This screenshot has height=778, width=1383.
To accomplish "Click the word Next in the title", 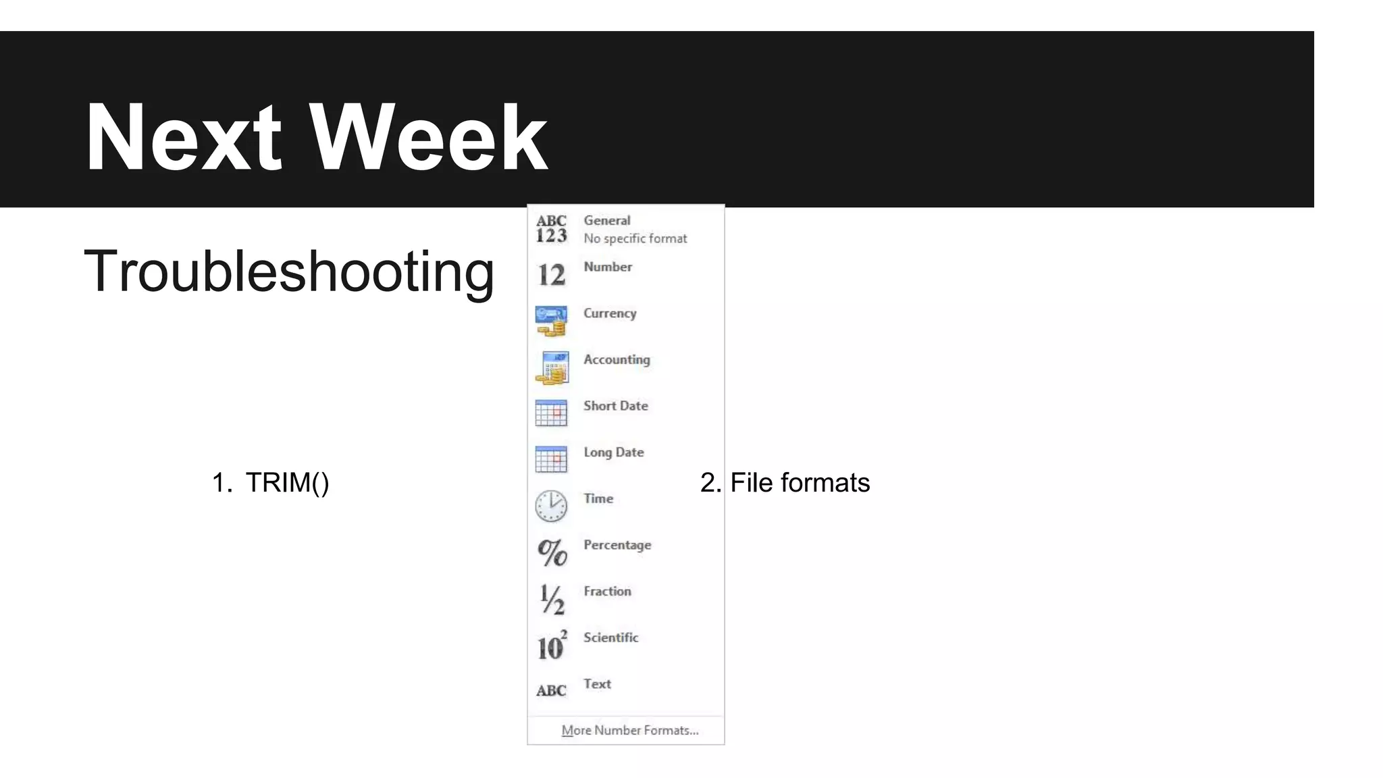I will [x=183, y=138].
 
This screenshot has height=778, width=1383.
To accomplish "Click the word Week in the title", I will [x=429, y=138].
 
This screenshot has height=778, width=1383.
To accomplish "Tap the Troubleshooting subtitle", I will [x=289, y=271].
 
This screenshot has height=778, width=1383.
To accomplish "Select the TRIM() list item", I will [x=286, y=483].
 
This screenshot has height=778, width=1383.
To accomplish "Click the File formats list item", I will [x=800, y=483].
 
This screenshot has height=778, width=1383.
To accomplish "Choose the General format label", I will [x=606, y=221].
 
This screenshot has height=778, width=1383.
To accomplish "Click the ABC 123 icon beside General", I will [x=551, y=229].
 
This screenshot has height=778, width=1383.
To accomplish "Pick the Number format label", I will [x=608, y=267].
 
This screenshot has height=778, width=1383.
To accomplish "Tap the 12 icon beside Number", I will [x=551, y=275].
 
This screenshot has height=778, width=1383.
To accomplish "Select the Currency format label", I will [x=610, y=313].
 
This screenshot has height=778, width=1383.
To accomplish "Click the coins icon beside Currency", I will [x=551, y=321].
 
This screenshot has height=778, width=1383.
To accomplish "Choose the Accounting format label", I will [x=617, y=360].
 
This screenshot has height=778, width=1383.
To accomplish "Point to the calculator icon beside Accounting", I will [x=552, y=367].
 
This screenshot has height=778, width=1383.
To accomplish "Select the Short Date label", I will [x=615, y=406].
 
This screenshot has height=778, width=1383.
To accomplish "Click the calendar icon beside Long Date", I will [x=551, y=459].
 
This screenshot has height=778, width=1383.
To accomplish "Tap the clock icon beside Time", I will [x=551, y=506].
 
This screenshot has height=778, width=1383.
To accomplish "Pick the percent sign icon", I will [x=552, y=552].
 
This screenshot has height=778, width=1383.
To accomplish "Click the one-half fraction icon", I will [x=552, y=599].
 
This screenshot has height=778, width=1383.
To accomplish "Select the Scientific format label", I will [x=610, y=638].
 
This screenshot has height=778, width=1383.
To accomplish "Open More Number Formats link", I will [x=629, y=731].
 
